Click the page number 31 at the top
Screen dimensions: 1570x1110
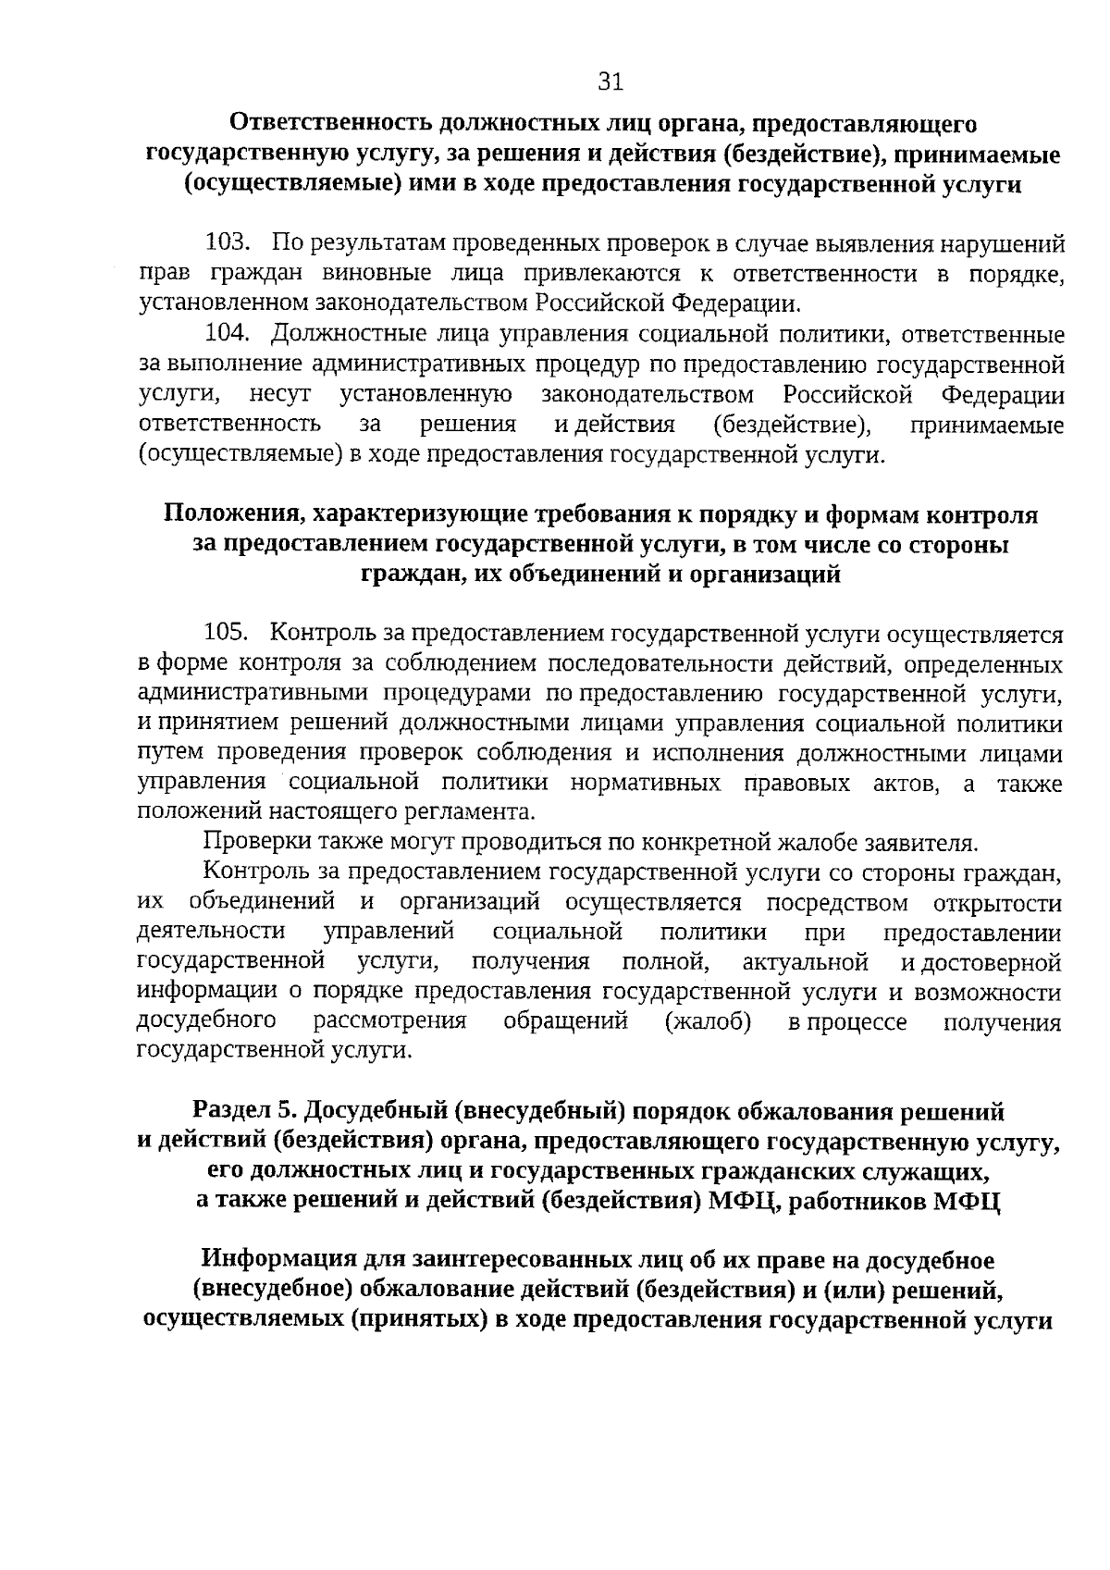coord(610,82)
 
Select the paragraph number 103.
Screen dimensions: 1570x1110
coord(228,243)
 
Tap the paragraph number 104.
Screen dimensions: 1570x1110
coord(228,333)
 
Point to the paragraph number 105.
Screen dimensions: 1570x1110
coord(228,634)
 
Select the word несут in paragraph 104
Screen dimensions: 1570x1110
coord(280,395)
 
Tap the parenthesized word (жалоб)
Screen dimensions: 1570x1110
coord(708,1022)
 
